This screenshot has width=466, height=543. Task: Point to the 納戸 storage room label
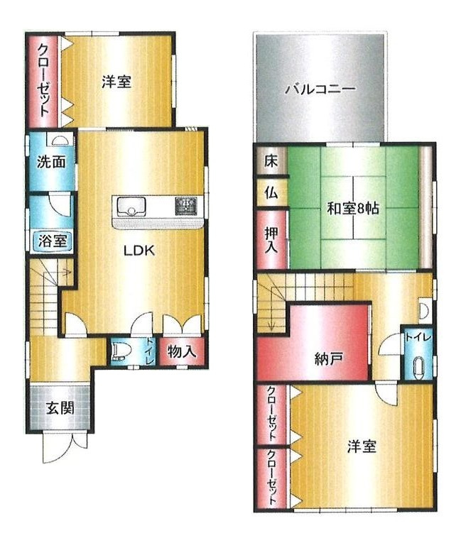tap(328, 358)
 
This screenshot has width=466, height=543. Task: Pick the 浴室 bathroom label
tap(53, 241)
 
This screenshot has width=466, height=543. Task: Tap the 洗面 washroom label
tap(51, 161)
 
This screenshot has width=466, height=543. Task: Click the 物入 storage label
tap(183, 351)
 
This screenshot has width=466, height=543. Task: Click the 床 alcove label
tap(271, 160)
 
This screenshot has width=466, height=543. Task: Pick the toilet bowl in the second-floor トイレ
tap(417, 367)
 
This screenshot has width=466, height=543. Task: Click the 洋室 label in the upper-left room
tap(115, 82)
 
